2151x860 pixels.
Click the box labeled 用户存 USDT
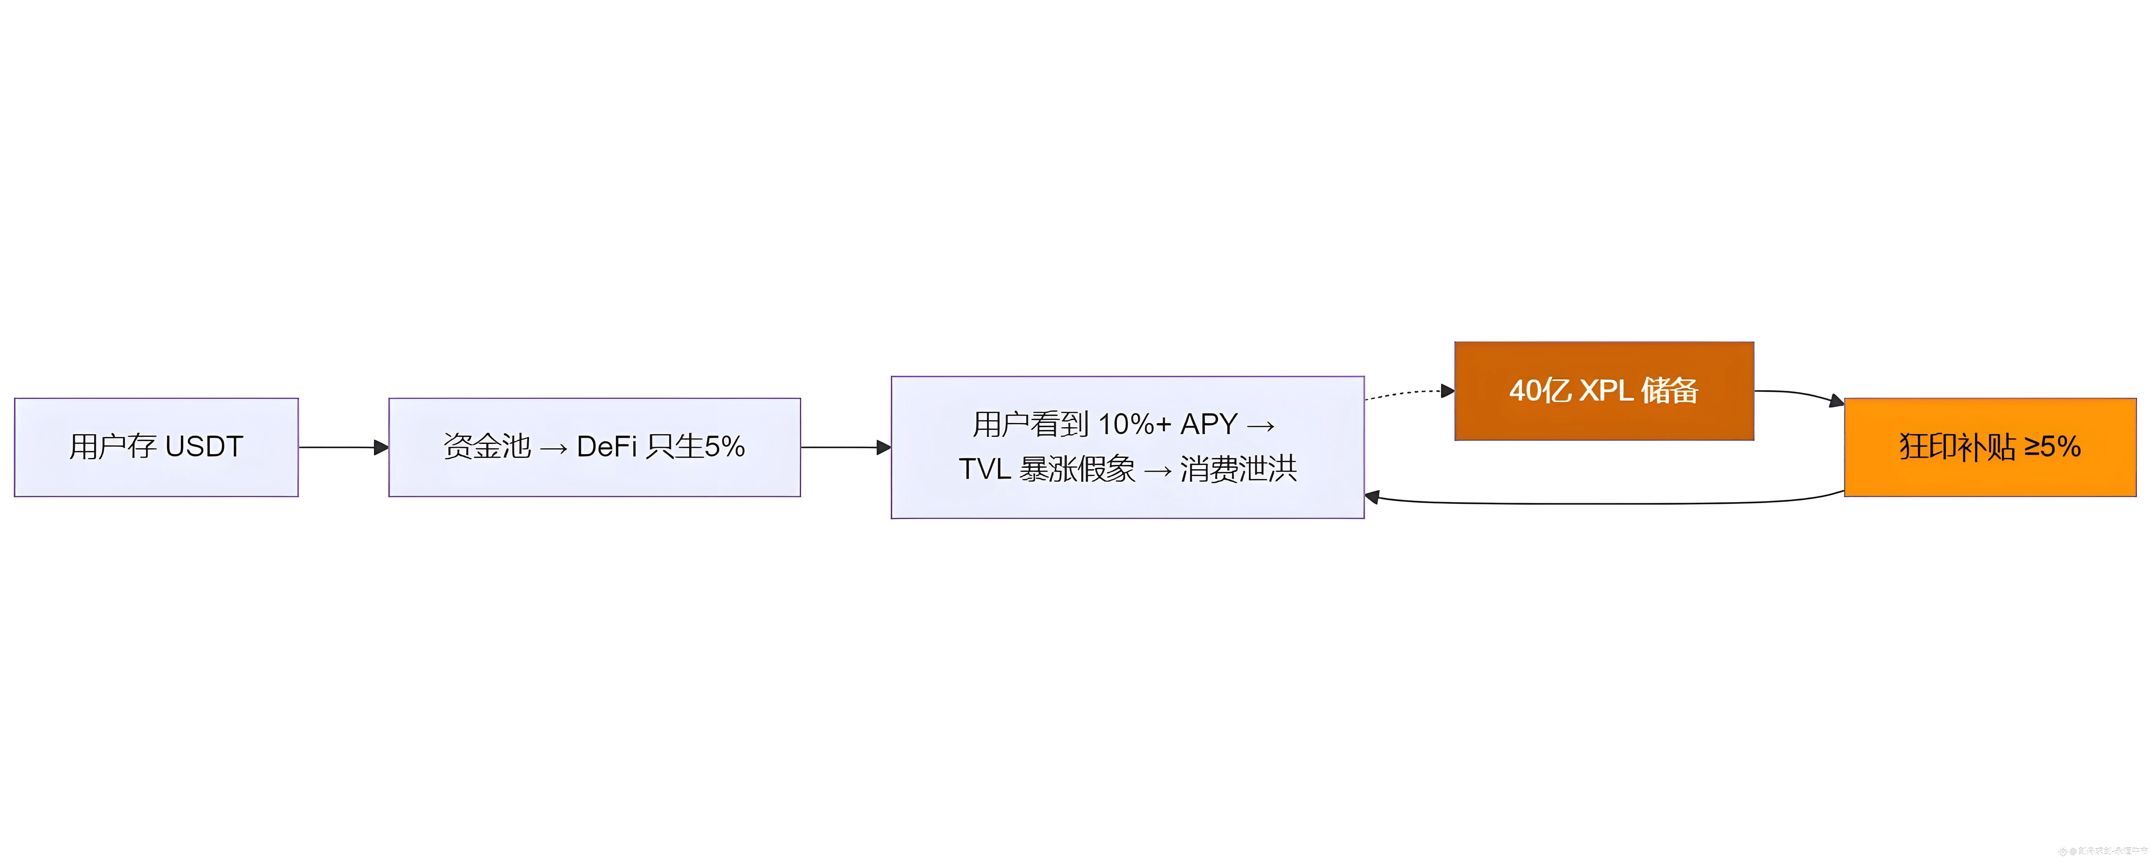156,448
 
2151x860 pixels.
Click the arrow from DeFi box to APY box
845,448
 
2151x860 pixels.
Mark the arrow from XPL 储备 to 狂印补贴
1800,394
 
